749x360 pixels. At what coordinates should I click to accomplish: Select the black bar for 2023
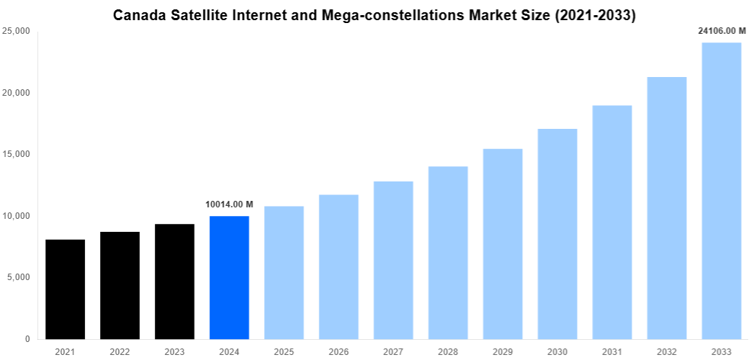(174, 282)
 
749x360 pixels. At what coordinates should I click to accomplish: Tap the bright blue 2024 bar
(229, 277)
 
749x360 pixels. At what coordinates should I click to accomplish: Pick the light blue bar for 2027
(393, 260)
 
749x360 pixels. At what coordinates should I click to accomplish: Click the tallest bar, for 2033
(721, 191)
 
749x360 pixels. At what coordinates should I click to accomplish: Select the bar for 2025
(284, 272)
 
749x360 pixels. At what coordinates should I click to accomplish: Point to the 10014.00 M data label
(229, 204)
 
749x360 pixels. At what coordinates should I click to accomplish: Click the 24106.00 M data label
(721, 31)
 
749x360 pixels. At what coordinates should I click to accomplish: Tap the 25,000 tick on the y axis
(16, 32)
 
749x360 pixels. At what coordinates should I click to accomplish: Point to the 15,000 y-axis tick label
(16, 155)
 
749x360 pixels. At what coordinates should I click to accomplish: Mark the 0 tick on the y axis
(26, 339)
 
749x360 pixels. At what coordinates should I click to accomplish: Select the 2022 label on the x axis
(120, 351)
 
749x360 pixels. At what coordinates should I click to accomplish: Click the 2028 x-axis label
(448, 351)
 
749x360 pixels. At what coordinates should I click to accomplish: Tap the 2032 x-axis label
(666, 351)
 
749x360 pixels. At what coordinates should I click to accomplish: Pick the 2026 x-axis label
(338, 351)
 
